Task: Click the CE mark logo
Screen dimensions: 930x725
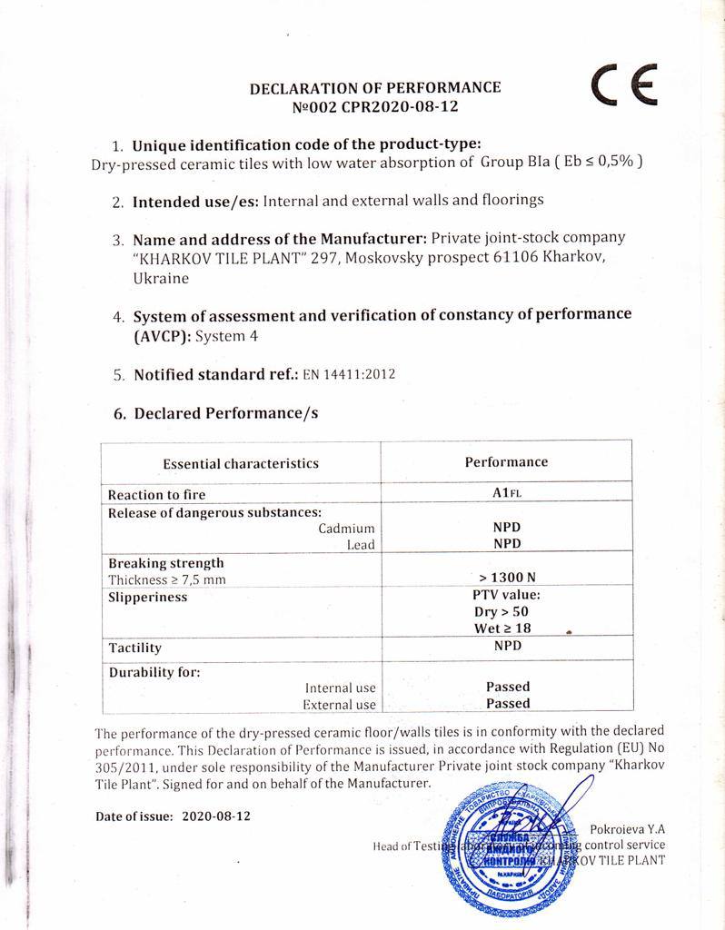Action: [624, 88]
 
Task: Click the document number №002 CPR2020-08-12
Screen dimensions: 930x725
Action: [375, 106]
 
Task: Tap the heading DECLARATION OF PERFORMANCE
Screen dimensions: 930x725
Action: [375, 88]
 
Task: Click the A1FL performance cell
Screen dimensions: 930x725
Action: [506, 494]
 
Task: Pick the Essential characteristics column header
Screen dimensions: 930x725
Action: [241, 463]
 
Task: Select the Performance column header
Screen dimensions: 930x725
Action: [506, 461]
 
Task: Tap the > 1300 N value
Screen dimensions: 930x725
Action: [507, 578]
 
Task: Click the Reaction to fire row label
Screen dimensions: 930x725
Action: [156, 495]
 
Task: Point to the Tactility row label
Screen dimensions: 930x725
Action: [134, 648]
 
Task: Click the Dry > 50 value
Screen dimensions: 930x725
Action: [507, 612]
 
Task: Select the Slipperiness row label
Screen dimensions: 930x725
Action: [147, 597]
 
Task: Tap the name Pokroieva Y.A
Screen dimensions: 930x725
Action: [628, 828]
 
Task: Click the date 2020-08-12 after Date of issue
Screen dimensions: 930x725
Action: [216, 816]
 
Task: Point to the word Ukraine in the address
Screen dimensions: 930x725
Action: [161, 279]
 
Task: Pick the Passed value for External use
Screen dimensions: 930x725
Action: [508, 703]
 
